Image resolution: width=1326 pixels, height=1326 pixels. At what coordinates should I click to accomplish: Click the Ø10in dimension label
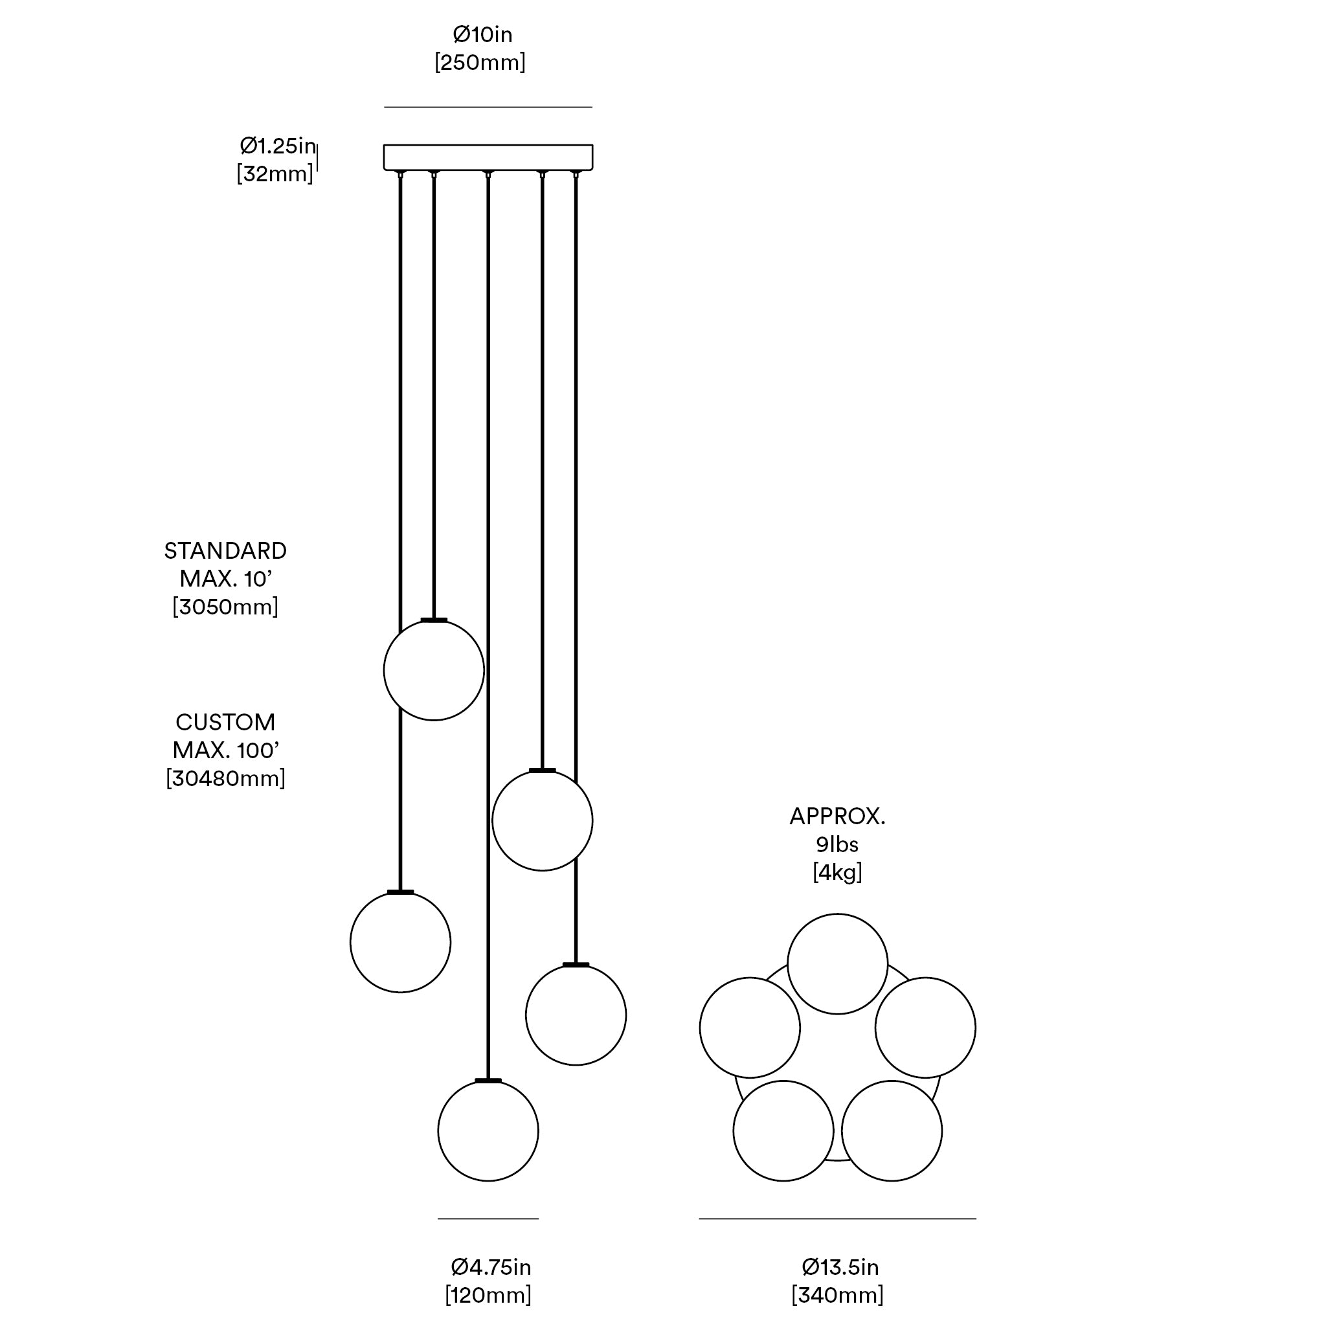pos(482,34)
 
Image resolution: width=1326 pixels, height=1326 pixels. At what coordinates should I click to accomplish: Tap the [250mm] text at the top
pos(480,62)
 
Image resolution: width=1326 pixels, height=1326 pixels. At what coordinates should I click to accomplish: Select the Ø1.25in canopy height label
pos(277,146)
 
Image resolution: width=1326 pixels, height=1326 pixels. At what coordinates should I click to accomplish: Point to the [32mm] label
pos(275,174)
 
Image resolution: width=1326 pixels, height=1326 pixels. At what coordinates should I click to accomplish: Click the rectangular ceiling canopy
pos(488,157)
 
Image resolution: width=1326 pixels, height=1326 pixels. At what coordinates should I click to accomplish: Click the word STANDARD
pos(225,550)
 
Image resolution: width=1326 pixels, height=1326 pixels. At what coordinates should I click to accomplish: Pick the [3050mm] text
pos(225,607)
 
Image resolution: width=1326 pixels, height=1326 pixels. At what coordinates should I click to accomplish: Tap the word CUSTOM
pos(225,722)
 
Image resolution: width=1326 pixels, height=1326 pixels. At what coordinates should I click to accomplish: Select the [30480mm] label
pos(225,778)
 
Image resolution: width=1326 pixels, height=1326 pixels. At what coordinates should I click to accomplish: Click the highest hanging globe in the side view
pos(434,671)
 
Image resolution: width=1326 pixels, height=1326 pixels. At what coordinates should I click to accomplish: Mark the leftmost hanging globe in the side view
pos(400,942)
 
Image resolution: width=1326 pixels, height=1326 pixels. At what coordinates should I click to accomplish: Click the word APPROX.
pos(837,816)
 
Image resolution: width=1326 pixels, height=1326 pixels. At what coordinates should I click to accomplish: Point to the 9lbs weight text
pos(837,844)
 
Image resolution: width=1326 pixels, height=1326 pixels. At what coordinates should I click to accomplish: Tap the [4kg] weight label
pos(837,872)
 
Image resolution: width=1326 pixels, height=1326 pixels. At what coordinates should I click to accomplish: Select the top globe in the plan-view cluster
pos(837,963)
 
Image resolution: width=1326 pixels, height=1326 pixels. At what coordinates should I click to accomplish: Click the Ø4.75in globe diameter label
pos(491,1267)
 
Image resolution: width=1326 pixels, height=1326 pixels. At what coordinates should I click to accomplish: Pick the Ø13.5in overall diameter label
pos(840,1267)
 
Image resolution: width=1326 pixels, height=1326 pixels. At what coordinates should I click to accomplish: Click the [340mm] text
pos(837,1295)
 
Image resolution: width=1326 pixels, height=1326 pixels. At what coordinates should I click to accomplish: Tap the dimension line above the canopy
pos(488,107)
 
